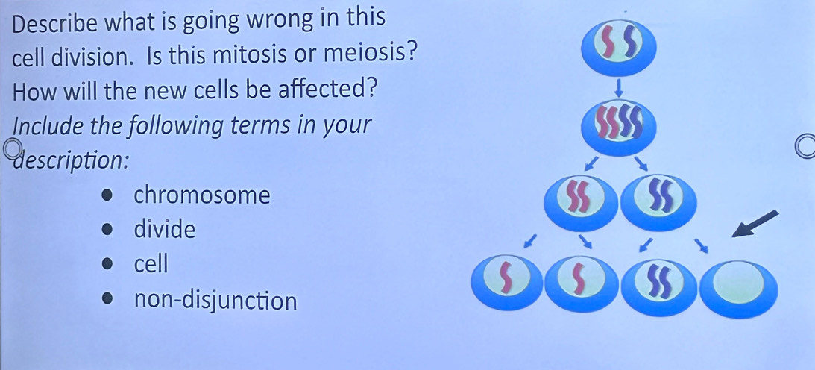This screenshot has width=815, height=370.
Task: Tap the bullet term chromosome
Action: coord(202,195)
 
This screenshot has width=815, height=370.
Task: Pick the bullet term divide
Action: coord(165,229)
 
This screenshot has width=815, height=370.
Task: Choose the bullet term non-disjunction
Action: coord(215,301)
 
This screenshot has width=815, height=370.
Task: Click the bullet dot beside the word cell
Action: coord(107,265)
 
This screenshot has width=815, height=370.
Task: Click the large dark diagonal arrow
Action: coord(755,224)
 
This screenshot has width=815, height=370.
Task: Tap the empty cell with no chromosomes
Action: coord(739,288)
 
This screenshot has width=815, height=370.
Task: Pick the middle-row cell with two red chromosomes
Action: coord(582,201)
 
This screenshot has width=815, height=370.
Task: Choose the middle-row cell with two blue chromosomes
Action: coord(658,201)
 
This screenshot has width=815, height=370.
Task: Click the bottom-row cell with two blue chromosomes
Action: coord(659,287)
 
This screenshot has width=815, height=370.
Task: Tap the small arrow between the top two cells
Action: coord(619,87)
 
